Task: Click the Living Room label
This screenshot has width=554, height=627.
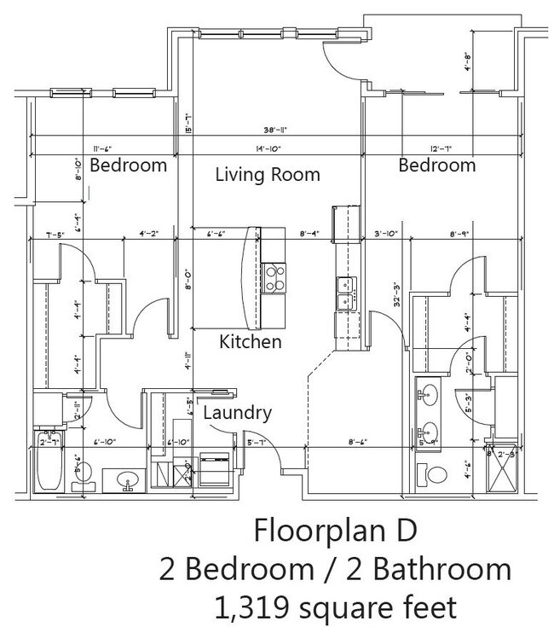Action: (267, 175)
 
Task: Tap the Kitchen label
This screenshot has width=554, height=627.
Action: (251, 342)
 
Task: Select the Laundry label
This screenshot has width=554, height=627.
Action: (238, 413)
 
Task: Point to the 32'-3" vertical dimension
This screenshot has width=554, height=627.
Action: (372, 294)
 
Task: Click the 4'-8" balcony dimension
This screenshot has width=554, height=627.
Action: (470, 65)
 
